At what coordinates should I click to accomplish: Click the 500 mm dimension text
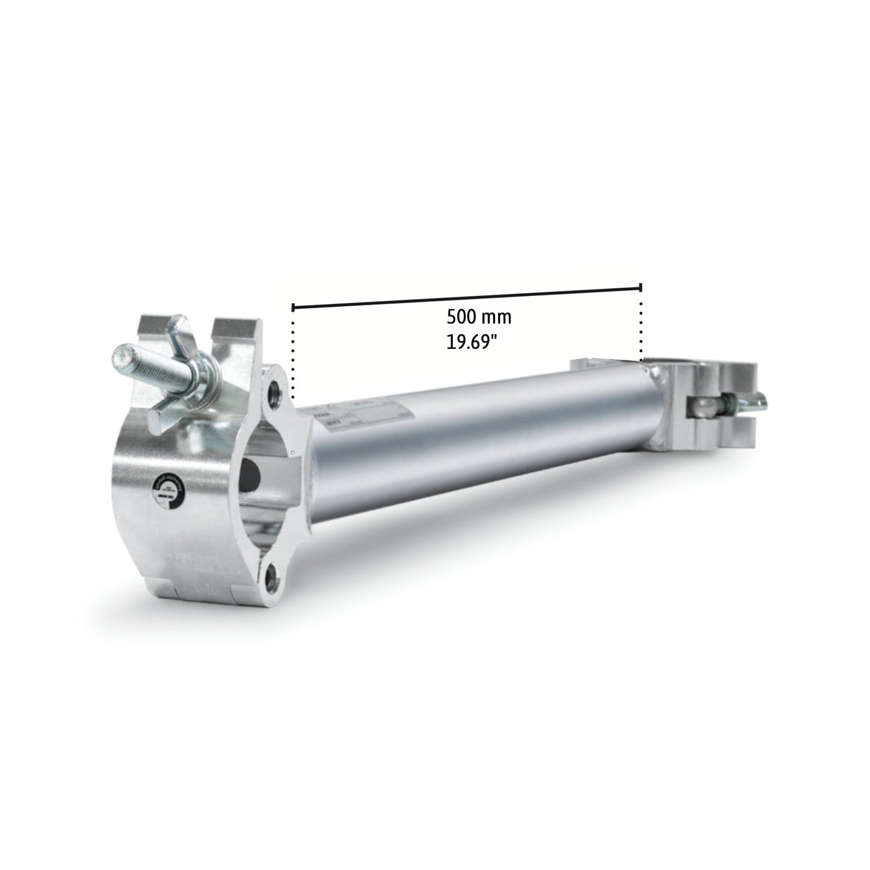tap(479, 316)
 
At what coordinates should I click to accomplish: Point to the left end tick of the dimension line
tap(292, 308)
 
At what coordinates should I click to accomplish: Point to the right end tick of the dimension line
tap(641, 287)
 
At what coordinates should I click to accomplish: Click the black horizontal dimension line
tap(466, 297)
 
